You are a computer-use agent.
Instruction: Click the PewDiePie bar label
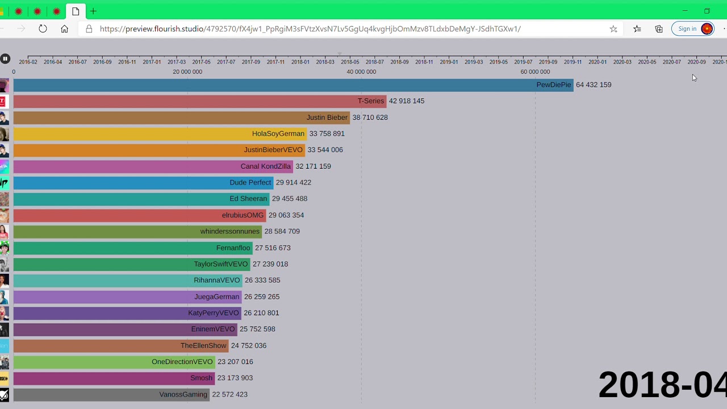[x=553, y=85]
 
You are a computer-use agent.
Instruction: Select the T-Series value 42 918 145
[x=406, y=101]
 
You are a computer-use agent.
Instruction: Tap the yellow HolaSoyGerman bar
[x=159, y=134]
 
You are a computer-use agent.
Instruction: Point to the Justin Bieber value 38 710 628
[x=370, y=118]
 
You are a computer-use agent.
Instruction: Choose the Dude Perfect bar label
[x=250, y=183]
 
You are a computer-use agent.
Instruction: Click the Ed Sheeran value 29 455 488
[x=289, y=199]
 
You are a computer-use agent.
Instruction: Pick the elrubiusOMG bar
[x=139, y=215]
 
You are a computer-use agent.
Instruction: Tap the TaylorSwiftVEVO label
[x=220, y=264]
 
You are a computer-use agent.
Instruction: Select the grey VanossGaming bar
[x=111, y=394]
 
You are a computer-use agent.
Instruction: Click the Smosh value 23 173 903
[x=235, y=378]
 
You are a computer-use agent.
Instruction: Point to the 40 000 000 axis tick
[x=361, y=72]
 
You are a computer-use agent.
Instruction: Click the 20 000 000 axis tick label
[x=187, y=72]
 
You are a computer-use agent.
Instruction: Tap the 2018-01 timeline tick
[x=300, y=62]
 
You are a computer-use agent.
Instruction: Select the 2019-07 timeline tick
[x=523, y=62]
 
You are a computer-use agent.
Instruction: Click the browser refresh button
[x=43, y=29]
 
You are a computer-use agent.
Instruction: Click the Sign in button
[x=692, y=29]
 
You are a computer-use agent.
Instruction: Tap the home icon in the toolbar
[x=64, y=29]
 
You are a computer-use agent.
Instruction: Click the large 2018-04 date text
[x=662, y=385]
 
